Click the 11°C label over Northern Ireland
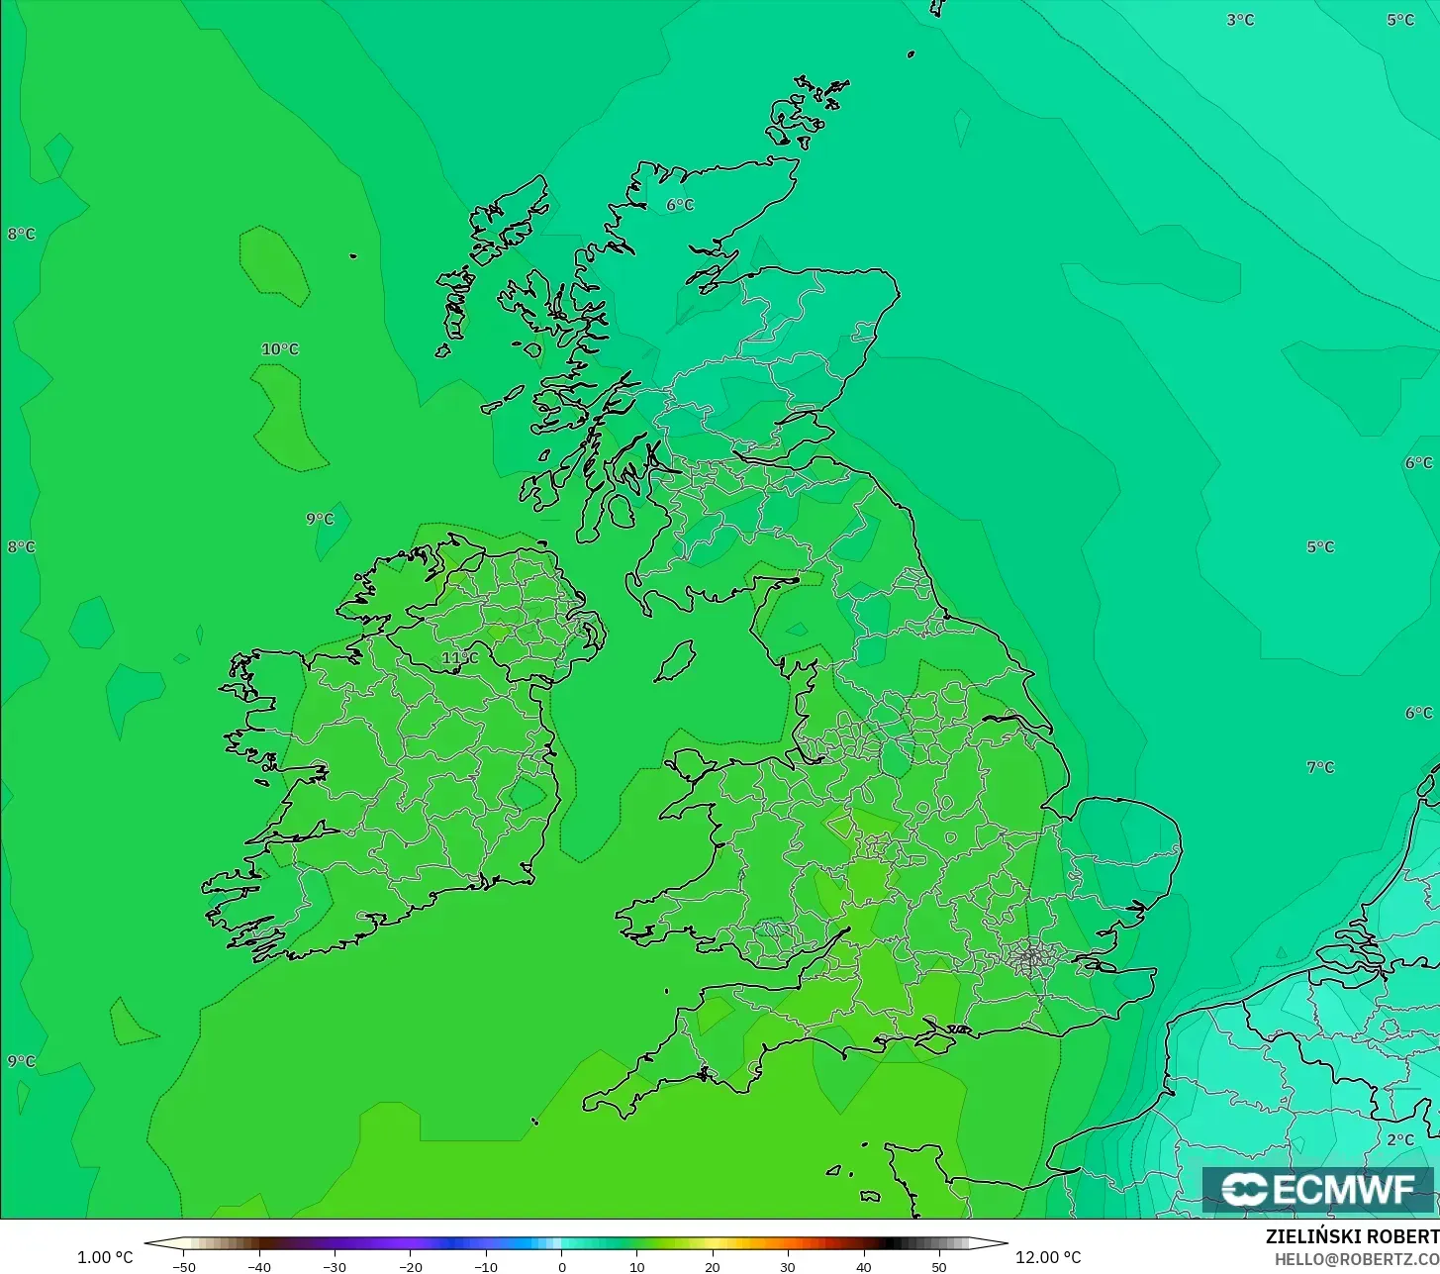[x=459, y=658]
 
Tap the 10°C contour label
[x=280, y=349]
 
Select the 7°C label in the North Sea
[x=1320, y=767]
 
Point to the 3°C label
[x=1240, y=20]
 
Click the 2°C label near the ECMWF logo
[x=1400, y=1140]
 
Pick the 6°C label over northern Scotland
[x=680, y=205]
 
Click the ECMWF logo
[x=1317, y=1190]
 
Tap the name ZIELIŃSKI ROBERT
[x=1352, y=1237]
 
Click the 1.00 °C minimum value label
[x=105, y=1257]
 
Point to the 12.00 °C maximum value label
[x=1048, y=1257]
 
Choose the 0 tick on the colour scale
[x=561, y=1267]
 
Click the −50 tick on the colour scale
[x=184, y=1267]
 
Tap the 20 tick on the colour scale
[x=712, y=1267]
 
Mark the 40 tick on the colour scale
[x=863, y=1267]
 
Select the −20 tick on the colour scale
[x=410, y=1267]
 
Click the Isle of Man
[x=676, y=660]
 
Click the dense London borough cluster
[x=1031, y=957]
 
